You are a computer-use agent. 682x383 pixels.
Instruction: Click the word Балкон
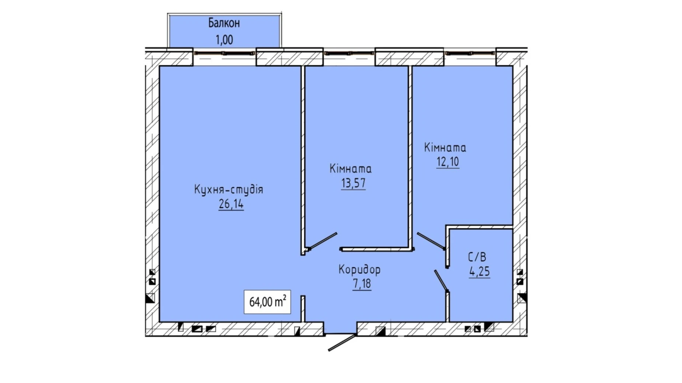pos(224,23)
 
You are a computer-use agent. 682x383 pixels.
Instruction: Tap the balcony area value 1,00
pos(224,39)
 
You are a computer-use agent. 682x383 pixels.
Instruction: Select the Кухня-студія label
pos(229,189)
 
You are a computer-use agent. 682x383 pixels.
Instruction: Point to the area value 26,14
pos(231,204)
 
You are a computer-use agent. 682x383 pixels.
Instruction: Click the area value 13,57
pos(353,183)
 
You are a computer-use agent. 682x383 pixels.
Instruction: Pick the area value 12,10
pos(448,162)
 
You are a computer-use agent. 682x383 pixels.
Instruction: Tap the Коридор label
pos(359,270)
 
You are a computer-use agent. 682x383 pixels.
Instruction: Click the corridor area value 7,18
pos(362,284)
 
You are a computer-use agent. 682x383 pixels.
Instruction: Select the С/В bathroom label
pos(477,257)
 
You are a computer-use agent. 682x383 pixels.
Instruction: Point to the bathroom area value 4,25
pos(480,271)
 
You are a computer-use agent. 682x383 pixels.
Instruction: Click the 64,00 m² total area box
pos(267,302)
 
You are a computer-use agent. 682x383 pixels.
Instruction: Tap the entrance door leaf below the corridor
pos(342,342)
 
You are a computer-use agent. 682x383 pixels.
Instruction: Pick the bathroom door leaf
pos(441,281)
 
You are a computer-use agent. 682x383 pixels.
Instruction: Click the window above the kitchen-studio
pos(225,53)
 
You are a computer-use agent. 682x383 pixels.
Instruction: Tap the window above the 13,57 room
pos(349,53)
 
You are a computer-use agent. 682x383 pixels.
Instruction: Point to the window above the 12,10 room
pos(470,53)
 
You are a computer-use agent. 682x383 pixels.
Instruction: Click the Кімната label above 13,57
pos(351,169)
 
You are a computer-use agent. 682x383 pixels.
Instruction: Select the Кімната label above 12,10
pos(445,148)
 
